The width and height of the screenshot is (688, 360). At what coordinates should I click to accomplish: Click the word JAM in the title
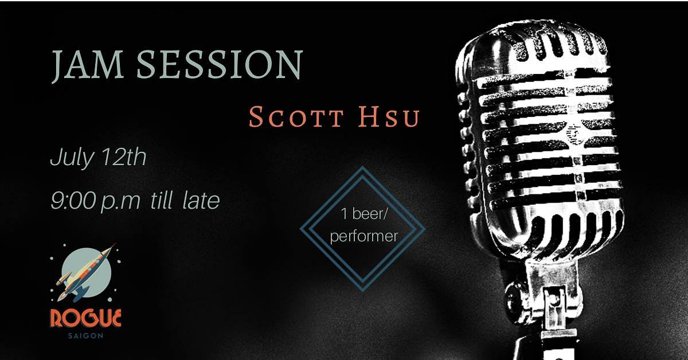click(88, 66)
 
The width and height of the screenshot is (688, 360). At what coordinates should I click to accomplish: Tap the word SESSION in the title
click(220, 64)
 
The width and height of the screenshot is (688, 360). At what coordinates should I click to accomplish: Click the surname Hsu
click(389, 117)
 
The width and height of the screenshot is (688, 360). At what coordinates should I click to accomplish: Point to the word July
click(72, 157)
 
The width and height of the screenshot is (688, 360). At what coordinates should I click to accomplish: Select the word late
click(201, 201)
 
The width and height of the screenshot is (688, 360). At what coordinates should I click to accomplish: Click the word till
click(161, 201)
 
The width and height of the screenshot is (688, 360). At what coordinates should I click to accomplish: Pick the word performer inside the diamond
click(364, 237)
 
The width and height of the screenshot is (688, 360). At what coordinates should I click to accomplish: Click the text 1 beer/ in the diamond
click(365, 214)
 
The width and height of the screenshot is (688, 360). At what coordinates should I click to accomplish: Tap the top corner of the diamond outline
click(362, 167)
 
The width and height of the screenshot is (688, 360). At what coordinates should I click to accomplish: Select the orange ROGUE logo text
click(85, 319)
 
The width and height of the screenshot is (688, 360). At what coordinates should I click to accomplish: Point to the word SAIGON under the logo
click(85, 335)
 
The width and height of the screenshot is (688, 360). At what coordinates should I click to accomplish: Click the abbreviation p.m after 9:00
click(121, 203)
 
